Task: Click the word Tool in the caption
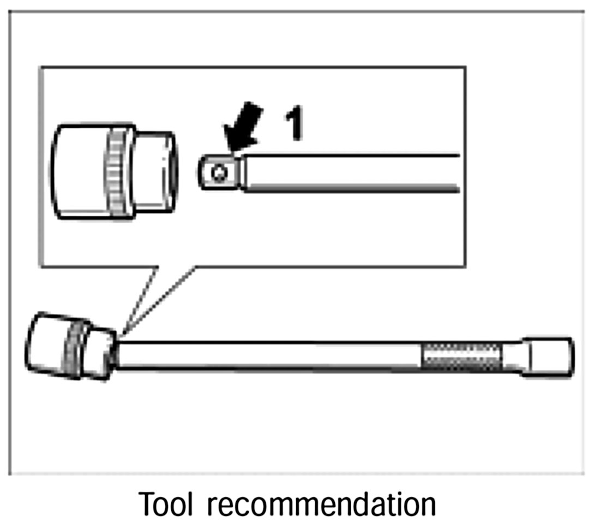click(166, 504)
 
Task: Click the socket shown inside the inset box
click(115, 170)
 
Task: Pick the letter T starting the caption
click(147, 504)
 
